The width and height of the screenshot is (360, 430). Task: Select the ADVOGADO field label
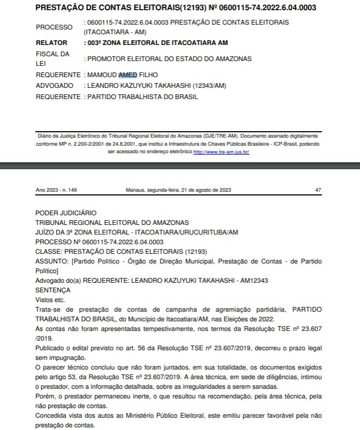pyautogui.click(x=54, y=86)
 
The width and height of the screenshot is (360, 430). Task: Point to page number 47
pyautogui.click(x=319, y=190)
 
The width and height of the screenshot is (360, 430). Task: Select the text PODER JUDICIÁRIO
pyautogui.click(x=66, y=213)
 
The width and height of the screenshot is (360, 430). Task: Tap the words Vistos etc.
pyautogui.click(x=49, y=300)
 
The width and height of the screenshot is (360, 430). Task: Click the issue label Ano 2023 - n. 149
pyautogui.click(x=56, y=190)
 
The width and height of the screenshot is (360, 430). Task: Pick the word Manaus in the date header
pyautogui.click(x=136, y=190)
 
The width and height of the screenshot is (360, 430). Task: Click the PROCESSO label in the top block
pyautogui.click(x=54, y=27)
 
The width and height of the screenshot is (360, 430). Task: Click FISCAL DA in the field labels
pyautogui.click(x=52, y=54)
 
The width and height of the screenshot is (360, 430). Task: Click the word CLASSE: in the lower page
pyautogui.click(x=48, y=251)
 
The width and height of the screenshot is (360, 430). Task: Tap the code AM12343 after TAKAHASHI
pyautogui.click(x=254, y=280)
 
